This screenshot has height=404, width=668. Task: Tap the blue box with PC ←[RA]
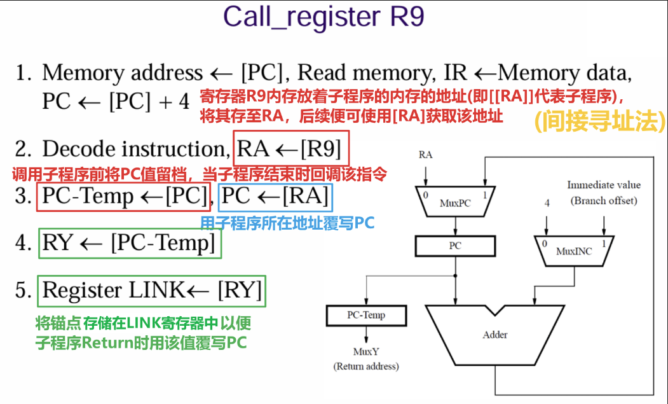tap(275, 197)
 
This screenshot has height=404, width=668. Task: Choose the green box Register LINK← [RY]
tap(152, 290)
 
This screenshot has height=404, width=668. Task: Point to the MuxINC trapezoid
tap(573, 250)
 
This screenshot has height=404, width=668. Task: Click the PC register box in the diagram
tap(454, 245)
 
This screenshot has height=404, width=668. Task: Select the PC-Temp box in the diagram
tap(365, 315)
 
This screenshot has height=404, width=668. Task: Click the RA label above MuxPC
tap(426, 155)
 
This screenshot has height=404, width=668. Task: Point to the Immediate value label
tap(604, 185)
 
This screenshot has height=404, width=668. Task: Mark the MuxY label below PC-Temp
tap(365, 352)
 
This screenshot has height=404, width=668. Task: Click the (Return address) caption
tap(365, 366)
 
